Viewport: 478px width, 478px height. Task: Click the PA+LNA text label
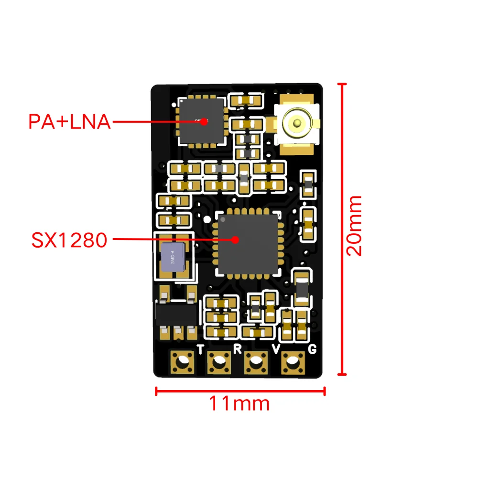tap(69, 121)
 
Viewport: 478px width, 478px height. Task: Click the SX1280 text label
tap(69, 239)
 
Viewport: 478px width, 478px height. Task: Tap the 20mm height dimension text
tap(354, 226)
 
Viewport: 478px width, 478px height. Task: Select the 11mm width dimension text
tap(239, 404)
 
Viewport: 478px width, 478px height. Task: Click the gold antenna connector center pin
tap(297, 122)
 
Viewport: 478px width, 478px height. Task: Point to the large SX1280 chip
tap(247, 244)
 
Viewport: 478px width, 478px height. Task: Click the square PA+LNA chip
tap(201, 122)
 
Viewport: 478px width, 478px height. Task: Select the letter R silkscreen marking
tap(237, 349)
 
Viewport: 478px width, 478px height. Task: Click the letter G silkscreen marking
tap(312, 349)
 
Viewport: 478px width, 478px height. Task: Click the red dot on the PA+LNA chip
tap(204, 121)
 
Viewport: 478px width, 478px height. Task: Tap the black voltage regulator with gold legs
tap(176, 314)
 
